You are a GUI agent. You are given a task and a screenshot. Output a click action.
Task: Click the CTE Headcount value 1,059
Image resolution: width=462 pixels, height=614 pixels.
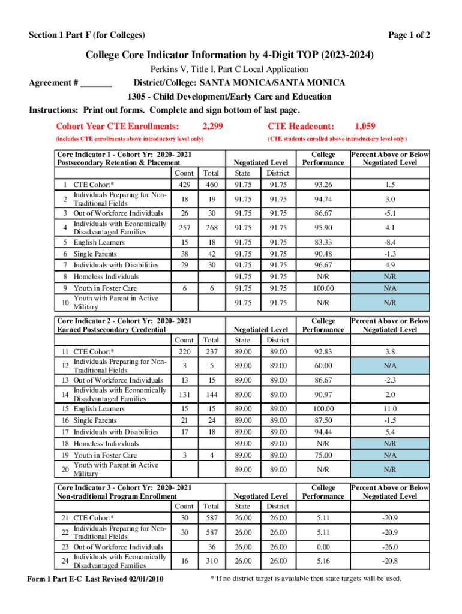[x=365, y=126]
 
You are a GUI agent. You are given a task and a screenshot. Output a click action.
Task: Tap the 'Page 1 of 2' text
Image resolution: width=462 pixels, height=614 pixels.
[x=409, y=35]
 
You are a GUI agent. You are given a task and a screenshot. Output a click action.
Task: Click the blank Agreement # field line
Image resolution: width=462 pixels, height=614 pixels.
[x=96, y=83]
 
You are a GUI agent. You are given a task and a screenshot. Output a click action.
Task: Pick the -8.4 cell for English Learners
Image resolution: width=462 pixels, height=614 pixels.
[x=390, y=242]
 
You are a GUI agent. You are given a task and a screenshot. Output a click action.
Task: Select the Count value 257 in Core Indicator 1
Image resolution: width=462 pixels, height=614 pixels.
[x=184, y=228]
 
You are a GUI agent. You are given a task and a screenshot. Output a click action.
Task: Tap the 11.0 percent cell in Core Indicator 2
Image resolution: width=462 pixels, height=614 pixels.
[x=390, y=409]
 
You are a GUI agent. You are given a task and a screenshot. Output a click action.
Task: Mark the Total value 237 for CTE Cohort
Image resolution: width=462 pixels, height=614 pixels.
[x=211, y=352]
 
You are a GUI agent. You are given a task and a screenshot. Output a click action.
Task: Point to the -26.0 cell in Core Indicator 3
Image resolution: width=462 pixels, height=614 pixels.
[x=390, y=547]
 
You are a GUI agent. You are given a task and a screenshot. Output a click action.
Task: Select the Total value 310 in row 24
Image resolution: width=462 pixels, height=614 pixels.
[x=211, y=561]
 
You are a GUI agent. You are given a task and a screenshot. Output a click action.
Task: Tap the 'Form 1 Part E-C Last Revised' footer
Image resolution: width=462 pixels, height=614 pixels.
[x=96, y=579]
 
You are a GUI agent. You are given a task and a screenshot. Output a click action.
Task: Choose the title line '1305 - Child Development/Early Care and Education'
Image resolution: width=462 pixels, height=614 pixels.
[x=229, y=97]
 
